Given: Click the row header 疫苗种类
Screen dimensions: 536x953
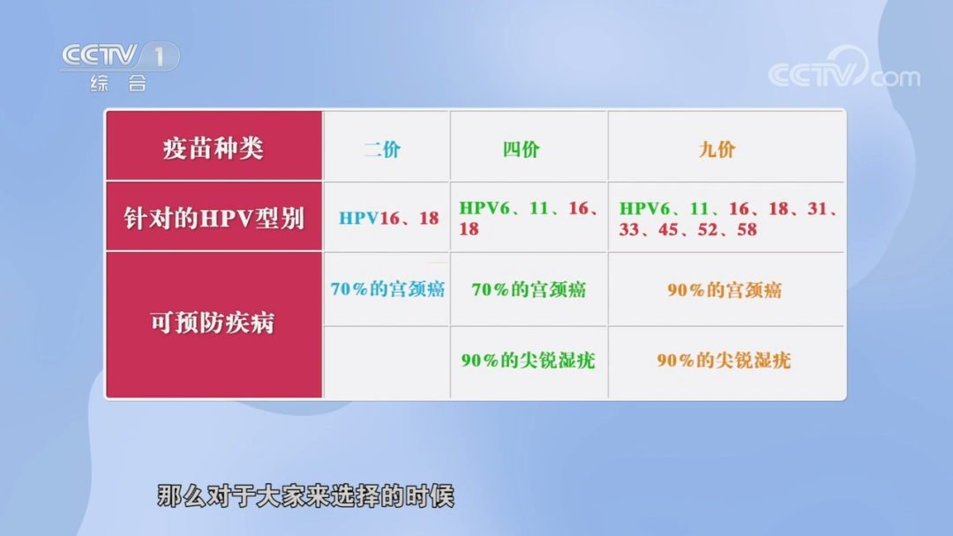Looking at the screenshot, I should (214, 147).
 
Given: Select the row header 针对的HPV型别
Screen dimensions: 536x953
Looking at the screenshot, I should (214, 218).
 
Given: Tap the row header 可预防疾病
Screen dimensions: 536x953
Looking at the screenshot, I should (214, 324).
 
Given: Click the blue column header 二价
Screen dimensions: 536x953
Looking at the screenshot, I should (382, 149).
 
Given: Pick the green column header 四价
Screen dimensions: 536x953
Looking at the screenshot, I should (522, 149).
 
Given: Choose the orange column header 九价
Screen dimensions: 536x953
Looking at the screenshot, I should (717, 149).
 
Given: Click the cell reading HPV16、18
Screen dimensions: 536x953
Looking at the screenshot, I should (388, 218).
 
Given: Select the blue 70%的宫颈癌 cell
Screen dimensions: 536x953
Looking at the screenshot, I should (387, 289).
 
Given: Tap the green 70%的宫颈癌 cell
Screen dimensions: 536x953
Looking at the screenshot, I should (529, 289).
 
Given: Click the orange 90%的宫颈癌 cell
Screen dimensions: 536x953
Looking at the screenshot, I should (724, 289).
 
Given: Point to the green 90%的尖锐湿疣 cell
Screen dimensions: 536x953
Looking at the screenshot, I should (528, 360).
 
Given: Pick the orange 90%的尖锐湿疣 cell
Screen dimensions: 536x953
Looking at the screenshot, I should (724, 360).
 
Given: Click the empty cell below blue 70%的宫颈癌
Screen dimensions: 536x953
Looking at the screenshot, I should (387, 361).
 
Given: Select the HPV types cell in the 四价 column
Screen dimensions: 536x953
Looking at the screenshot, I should (529, 218).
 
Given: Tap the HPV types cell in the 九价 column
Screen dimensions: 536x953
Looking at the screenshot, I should (726, 219).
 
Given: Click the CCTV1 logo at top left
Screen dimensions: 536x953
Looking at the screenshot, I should (119, 57).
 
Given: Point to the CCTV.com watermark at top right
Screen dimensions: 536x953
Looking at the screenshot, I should (843, 73).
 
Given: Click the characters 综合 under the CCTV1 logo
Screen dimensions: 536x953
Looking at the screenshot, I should (118, 85).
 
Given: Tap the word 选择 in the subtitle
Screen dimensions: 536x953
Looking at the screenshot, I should (356, 496).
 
